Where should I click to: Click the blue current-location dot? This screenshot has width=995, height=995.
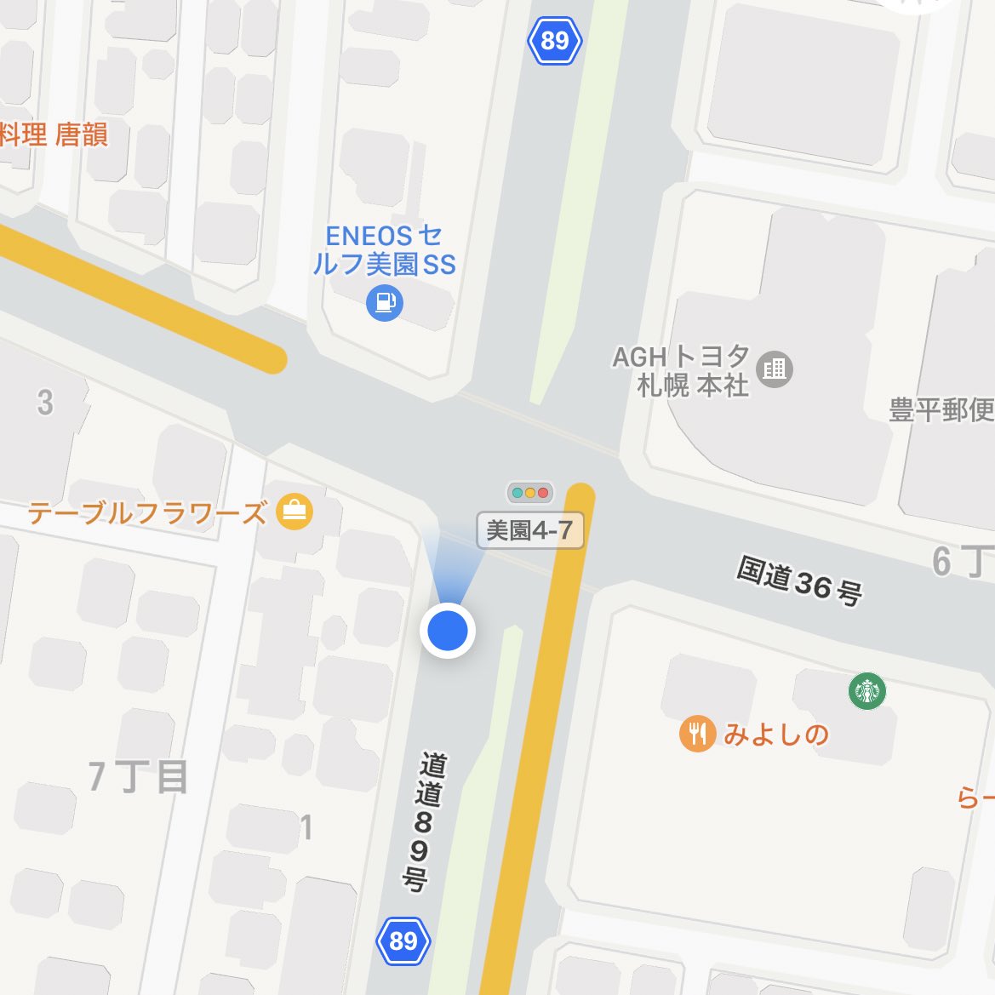pyautogui.click(x=448, y=631)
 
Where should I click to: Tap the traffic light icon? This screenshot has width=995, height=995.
pyautogui.click(x=530, y=493)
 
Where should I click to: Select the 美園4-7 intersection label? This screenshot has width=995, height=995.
pyautogui.click(x=529, y=531)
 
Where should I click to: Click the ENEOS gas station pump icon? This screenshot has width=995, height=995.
pyautogui.click(x=384, y=302)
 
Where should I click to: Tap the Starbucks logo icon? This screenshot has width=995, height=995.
pyautogui.click(x=866, y=690)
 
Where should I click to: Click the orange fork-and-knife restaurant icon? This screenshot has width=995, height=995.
pyautogui.click(x=697, y=734)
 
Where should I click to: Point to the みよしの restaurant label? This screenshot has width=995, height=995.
pyautogui.click(x=776, y=734)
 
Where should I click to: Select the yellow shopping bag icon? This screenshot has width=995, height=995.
pyautogui.click(x=295, y=512)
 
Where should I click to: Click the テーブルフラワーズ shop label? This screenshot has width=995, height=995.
pyautogui.click(x=147, y=513)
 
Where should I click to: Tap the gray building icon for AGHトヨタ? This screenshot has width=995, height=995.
pyautogui.click(x=774, y=369)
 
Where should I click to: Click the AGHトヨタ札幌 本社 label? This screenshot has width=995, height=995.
pyautogui.click(x=681, y=371)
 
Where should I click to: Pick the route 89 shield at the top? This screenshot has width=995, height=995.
pyautogui.click(x=554, y=40)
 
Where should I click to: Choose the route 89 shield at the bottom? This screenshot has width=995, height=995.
pyautogui.click(x=403, y=941)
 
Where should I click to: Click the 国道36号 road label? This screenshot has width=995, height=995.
pyautogui.click(x=799, y=581)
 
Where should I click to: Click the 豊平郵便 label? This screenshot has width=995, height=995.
pyautogui.click(x=941, y=410)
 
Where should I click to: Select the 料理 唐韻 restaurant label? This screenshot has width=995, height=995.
pyautogui.click(x=54, y=134)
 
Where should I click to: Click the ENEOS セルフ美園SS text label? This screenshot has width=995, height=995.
pyautogui.click(x=384, y=249)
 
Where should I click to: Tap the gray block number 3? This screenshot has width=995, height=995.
pyautogui.click(x=45, y=403)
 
